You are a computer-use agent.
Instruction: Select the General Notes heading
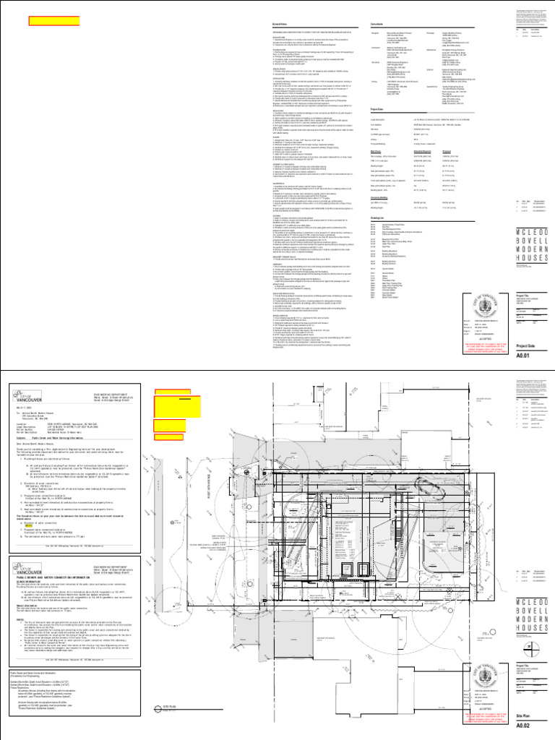(262, 25)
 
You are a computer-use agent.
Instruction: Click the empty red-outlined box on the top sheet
(53, 21)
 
